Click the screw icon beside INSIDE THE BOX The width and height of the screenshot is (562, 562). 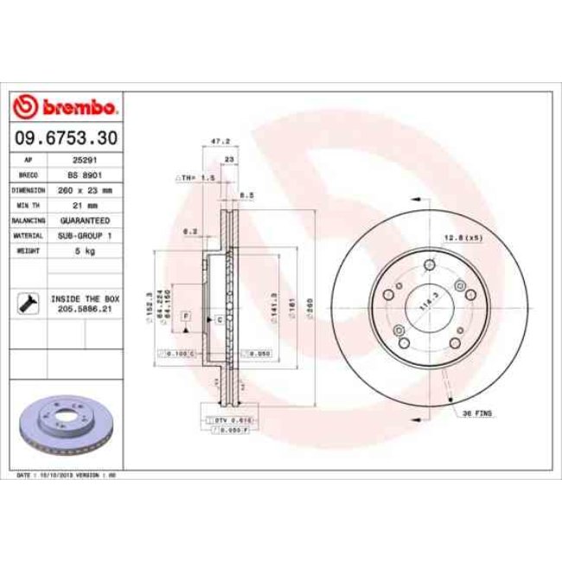coord(27,303)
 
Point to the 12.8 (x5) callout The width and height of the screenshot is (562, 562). coord(462,237)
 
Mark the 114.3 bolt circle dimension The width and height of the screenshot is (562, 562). coord(425,304)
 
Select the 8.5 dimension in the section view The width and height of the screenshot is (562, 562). coord(246,195)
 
